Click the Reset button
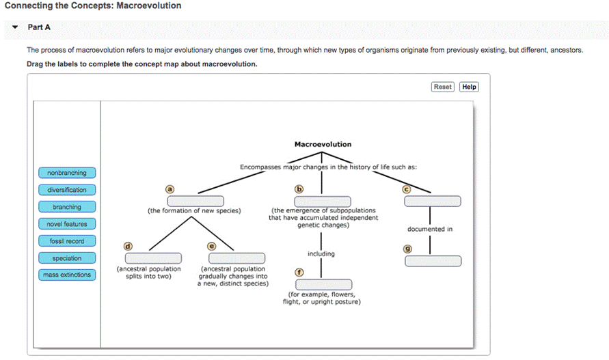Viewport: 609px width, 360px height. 442,87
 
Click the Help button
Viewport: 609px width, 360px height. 469,87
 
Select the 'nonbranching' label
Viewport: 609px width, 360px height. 67,173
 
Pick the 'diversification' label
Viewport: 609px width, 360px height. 67,190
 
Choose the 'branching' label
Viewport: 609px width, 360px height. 67,207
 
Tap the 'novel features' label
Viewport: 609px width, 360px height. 67,224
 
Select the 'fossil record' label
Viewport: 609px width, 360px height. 67,241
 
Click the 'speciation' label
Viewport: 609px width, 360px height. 67,258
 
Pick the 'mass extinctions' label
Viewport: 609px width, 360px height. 67,275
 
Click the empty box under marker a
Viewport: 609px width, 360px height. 195,201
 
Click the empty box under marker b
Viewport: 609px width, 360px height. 323,201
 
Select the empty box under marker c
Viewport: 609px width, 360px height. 433,201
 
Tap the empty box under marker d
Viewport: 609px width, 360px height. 153,258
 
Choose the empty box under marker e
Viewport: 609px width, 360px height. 236,258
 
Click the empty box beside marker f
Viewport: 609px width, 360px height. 323,284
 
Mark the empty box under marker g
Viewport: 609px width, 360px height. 433,260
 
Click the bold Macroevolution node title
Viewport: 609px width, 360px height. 323,144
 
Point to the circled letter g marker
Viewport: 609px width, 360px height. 408,249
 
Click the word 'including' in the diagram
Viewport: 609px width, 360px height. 321,253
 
